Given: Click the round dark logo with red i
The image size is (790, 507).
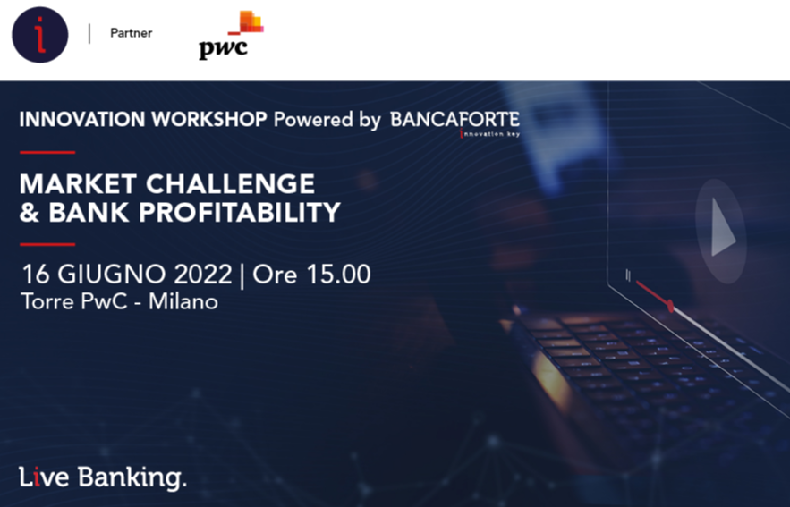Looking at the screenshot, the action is click(x=39, y=35).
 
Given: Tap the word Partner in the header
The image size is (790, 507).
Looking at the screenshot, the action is click(x=131, y=33).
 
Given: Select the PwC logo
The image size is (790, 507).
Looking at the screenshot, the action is click(x=231, y=35).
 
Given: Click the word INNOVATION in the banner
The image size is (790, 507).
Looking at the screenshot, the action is click(x=82, y=119).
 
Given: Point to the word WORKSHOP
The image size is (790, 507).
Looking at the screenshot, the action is click(x=209, y=119).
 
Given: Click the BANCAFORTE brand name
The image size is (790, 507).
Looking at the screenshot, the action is click(x=455, y=120).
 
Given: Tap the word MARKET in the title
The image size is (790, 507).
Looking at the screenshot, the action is click(x=78, y=184).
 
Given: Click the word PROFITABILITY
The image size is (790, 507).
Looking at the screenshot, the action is click(x=240, y=213).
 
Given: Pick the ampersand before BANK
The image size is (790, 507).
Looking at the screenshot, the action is click(x=30, y=213).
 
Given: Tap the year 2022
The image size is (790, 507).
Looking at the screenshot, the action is click(x=203, y=275).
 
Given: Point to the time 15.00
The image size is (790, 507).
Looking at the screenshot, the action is click(x=338, y=275).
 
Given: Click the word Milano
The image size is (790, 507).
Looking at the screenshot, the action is click(x=183, y=301).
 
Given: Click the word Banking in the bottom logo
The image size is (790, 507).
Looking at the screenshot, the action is click(x=132, y=477).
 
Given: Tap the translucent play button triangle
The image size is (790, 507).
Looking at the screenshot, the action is click(x=723, y=227).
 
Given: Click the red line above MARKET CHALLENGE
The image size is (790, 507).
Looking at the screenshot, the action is click(x=47, y=152).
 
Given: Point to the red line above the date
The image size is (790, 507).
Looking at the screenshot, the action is click(x=47, y=244).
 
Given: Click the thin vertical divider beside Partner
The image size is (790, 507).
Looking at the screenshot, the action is click(x=89, y=34).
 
